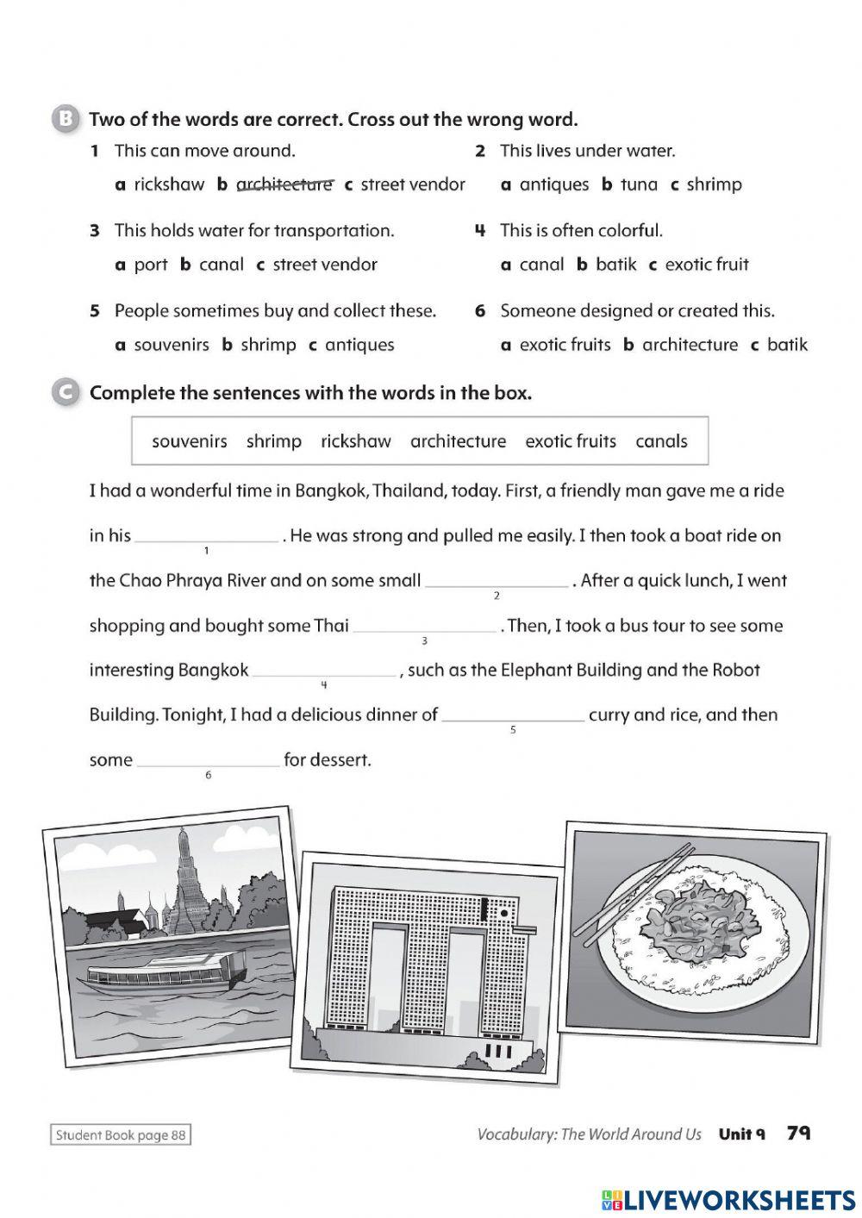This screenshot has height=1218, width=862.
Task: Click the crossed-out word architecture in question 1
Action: pos(284,184)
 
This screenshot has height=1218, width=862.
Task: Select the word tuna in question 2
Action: pos(639,184)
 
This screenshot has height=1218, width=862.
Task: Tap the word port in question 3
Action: pos(151,265)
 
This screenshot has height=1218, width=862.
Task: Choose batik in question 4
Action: pos(616,265)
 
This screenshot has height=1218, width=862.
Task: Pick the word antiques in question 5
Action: pos(359,345)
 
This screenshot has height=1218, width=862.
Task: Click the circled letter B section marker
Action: pos(66,119)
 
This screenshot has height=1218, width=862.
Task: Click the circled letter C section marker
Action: pos(66,392)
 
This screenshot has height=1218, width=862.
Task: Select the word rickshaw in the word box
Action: pos(355,441)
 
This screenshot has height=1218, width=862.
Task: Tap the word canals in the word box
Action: pos(661,441)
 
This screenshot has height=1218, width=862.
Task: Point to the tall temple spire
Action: pos(185,879)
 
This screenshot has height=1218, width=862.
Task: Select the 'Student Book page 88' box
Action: pos(120,1135)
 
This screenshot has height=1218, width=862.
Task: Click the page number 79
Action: pos(798,1134)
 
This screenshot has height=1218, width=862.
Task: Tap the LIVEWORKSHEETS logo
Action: pos(728,1199)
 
